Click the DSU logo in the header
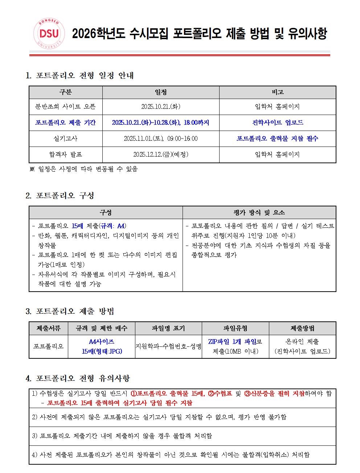coord(50,34)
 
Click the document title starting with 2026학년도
coord(199,34)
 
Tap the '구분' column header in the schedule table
coord(66,92)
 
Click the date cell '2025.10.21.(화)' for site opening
coord(161,107)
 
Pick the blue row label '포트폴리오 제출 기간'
coord(66,123)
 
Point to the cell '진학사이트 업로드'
coord(278,123)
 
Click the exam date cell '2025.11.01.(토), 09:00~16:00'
coord(161,139)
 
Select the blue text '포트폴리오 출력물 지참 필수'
coord(278,139)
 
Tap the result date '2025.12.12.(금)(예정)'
coord(161,155)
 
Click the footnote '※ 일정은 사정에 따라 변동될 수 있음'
coord(83,169)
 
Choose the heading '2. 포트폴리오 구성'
coord(60,196)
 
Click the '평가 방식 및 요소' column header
coord(259,213)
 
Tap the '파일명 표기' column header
coord(168,328)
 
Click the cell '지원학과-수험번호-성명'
coord(168,346)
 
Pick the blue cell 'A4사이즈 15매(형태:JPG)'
coord(102,346)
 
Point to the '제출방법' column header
coord(302,328)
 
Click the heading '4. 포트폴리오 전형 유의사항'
coord(78,378)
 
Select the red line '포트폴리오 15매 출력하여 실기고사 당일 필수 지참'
coord(120,403)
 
